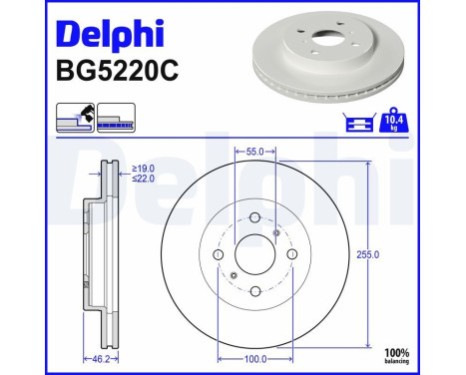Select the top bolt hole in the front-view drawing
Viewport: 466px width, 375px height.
click(253, 218)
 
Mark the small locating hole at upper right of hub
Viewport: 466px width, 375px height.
click(275, 233)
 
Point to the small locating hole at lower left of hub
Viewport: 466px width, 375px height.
click(233, 276)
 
